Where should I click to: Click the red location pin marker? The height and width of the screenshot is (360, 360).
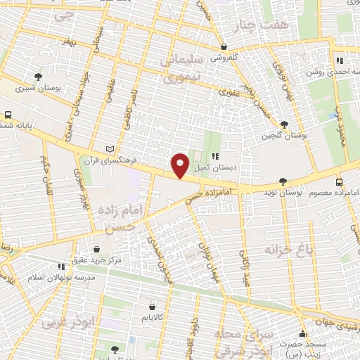(x=180, y=165)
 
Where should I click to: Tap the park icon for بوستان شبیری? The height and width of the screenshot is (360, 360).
(x=38, y=76)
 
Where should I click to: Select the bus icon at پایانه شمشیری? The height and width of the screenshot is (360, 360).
(x=8, y=114)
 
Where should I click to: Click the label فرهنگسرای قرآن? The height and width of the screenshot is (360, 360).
(x=74, y=159)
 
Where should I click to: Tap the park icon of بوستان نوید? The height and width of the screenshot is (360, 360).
(x=283, y=181)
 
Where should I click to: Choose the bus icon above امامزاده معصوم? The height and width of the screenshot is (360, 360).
(x=339, y=181)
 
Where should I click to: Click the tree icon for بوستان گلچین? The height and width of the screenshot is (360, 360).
(x=283, y=124)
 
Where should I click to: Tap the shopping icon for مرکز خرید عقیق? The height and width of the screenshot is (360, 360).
(x=96, y=249)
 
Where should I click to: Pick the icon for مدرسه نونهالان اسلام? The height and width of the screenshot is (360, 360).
(x=62, y=266)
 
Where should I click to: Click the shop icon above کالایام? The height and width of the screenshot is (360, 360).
(x=153, y=307)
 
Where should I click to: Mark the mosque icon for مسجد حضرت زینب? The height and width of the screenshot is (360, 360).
(x=303, y=334)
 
